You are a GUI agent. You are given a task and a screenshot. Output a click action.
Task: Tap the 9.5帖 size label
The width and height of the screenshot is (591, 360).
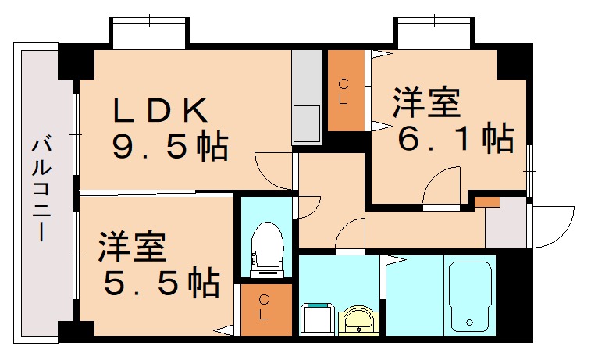[x=169, y=146]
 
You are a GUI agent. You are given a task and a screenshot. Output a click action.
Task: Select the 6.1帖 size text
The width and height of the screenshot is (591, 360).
[x=455, y=139]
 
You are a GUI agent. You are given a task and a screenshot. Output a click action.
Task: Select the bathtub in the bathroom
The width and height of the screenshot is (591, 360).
[x=469, y=295]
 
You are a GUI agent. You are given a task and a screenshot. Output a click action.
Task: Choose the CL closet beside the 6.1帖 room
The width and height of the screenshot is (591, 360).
[x=344, y=90]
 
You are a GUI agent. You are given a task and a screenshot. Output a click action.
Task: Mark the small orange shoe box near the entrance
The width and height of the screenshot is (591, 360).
[x=487, y=201]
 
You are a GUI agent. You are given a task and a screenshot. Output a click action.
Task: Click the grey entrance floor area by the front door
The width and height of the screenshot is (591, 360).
[x=505, y=224]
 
